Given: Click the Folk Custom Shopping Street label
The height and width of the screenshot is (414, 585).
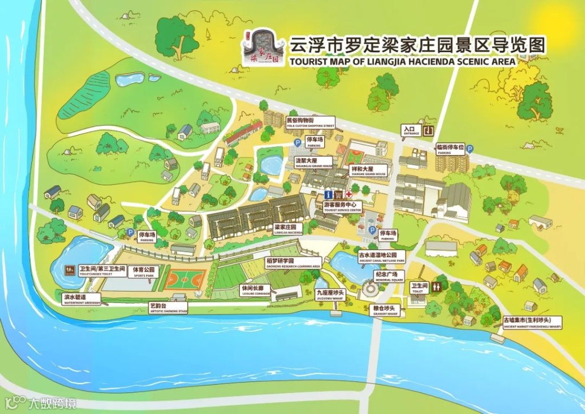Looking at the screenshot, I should pos(309,122).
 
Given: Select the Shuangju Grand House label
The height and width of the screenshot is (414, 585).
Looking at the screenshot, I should pos(314,163).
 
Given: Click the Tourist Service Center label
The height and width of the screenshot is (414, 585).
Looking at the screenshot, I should pos(343,206).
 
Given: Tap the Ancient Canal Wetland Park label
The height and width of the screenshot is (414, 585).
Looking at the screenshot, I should pos(381,257).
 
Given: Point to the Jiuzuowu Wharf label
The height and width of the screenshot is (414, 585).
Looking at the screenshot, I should pos(330,295).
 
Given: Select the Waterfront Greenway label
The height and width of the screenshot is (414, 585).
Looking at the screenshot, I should pos(75,299).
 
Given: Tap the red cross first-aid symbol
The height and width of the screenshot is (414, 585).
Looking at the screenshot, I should pos(348,194).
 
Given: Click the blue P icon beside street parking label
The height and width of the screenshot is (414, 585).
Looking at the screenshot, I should pos(470,149).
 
